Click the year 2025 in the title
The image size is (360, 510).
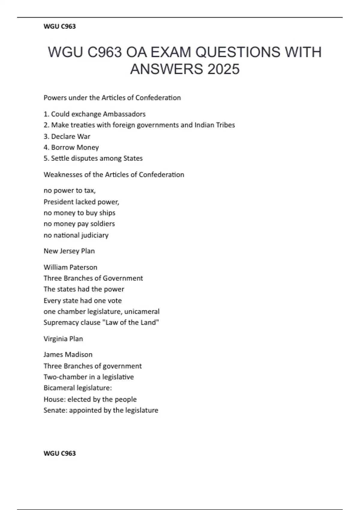click(223, 69)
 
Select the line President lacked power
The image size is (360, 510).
click(81, 202)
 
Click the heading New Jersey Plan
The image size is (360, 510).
click(69, 251)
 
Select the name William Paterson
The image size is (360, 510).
click(70, 267)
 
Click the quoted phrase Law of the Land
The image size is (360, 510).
click(130, 322)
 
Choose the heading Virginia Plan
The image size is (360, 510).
click(63, 339)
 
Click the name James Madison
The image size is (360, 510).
click(68, 355)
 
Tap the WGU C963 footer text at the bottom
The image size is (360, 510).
click(59, 453)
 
